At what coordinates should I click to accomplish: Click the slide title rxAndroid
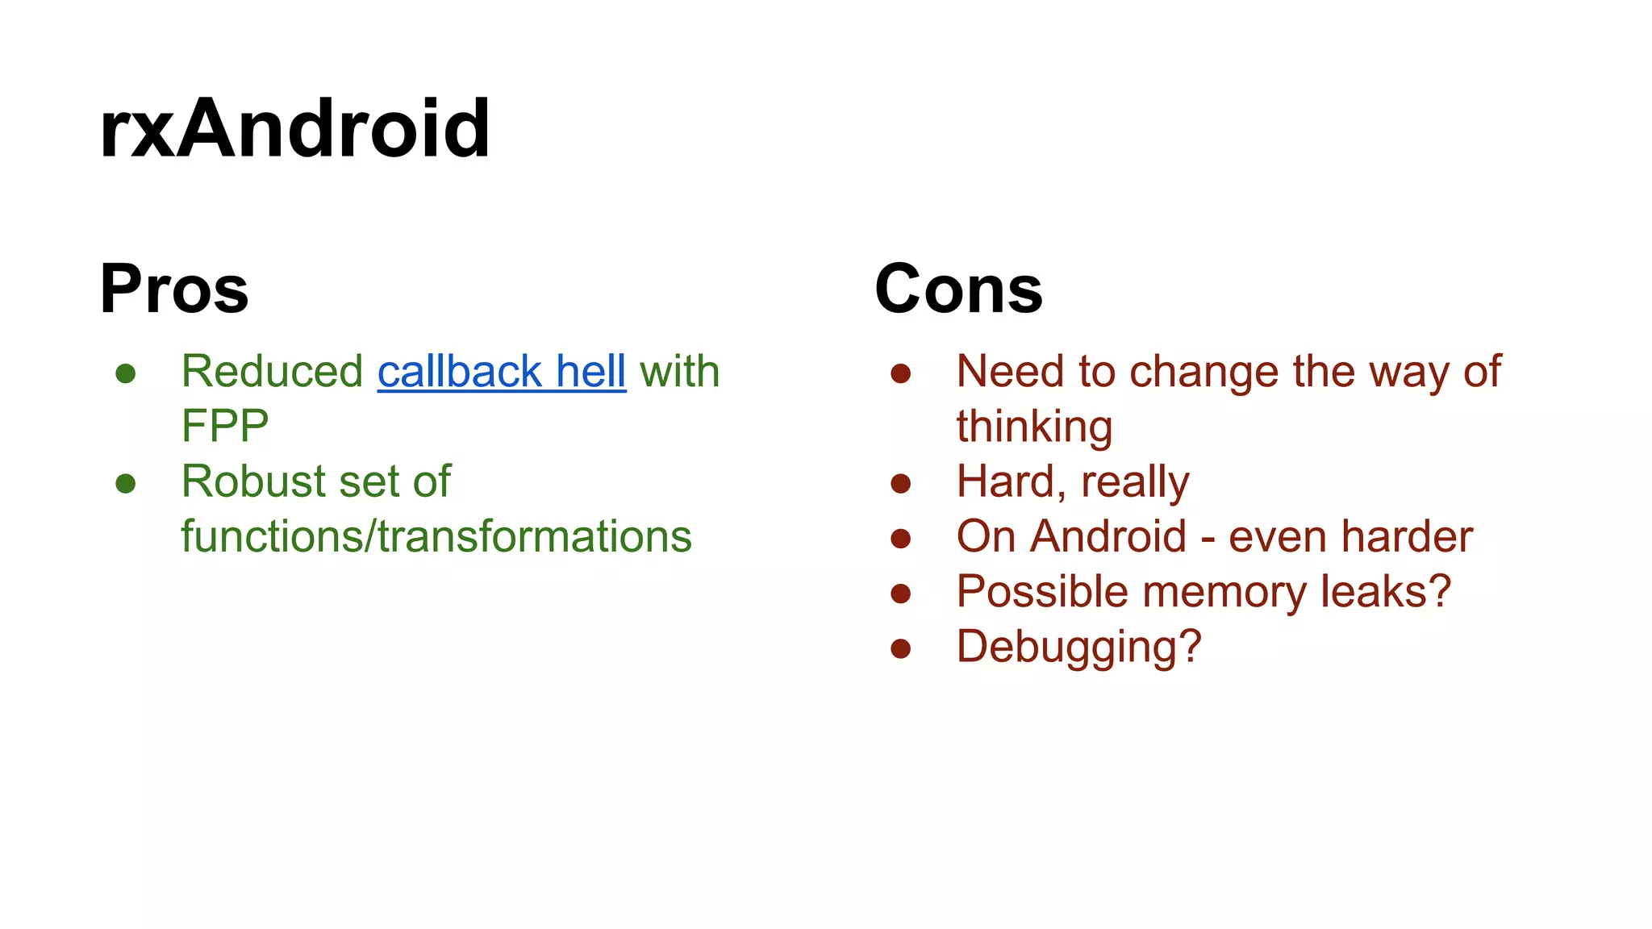coord(294,129)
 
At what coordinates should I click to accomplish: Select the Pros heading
coord(174,289)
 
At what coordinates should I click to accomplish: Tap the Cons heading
coord(958,289)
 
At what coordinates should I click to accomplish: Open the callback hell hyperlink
coord(501,372)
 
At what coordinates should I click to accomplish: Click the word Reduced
coord(272,372)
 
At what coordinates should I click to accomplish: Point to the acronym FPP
coord(225,426)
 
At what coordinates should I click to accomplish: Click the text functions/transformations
coord(436,536)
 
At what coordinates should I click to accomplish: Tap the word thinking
coord(1034,427)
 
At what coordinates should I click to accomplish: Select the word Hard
coord(1005,481)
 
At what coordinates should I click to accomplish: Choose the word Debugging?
coord(1078,647)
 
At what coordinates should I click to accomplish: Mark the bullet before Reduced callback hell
coord(126,373)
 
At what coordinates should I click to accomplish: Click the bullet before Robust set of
coord(126,484)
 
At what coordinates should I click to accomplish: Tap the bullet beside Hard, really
coord(900,484)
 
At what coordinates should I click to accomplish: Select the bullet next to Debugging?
coord(900,648)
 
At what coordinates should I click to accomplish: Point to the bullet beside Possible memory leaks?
coord(900,594)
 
